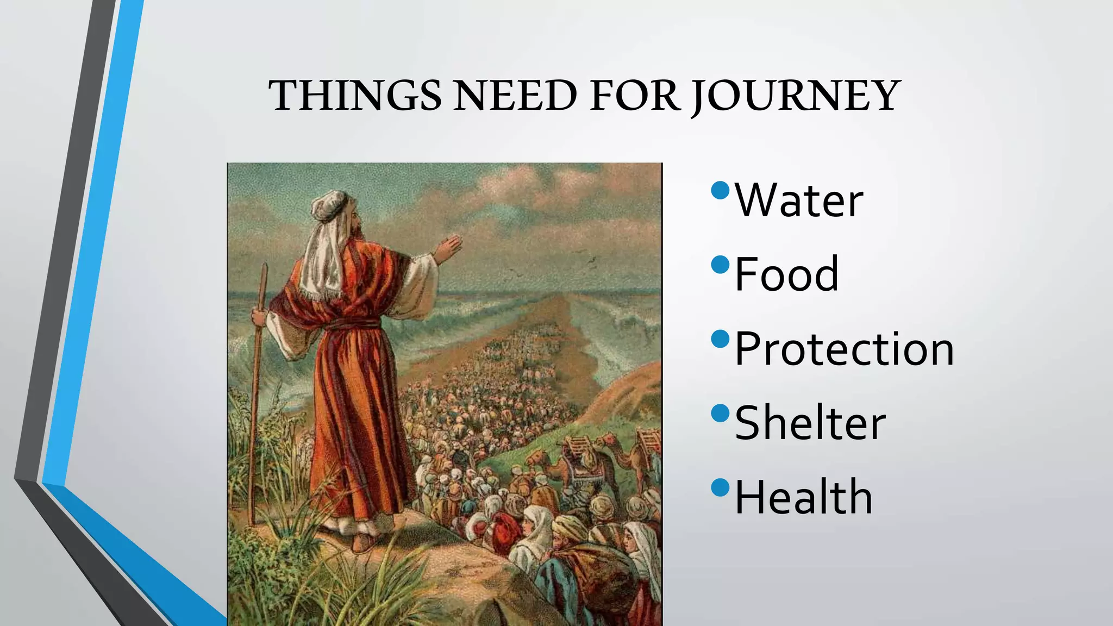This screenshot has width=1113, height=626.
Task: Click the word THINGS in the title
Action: point(355,96)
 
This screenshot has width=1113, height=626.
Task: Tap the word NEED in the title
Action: point(515,96)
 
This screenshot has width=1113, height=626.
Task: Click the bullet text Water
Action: point(799,201)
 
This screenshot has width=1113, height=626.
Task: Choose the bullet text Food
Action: point(786,274)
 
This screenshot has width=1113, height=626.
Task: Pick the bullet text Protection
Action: point(844,349)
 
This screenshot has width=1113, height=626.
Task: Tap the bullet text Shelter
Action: point(810,423)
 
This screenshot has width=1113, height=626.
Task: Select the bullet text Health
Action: point(803,497)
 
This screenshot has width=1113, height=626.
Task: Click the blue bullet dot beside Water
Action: point(720,190)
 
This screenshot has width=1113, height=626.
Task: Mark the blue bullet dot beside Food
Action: point(720,265)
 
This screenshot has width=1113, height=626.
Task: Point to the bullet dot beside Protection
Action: point(720,339)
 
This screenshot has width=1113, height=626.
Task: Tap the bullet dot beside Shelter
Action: point(720,414)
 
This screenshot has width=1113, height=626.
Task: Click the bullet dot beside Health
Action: point(720,487)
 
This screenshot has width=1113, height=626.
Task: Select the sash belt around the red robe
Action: point(353,324)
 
